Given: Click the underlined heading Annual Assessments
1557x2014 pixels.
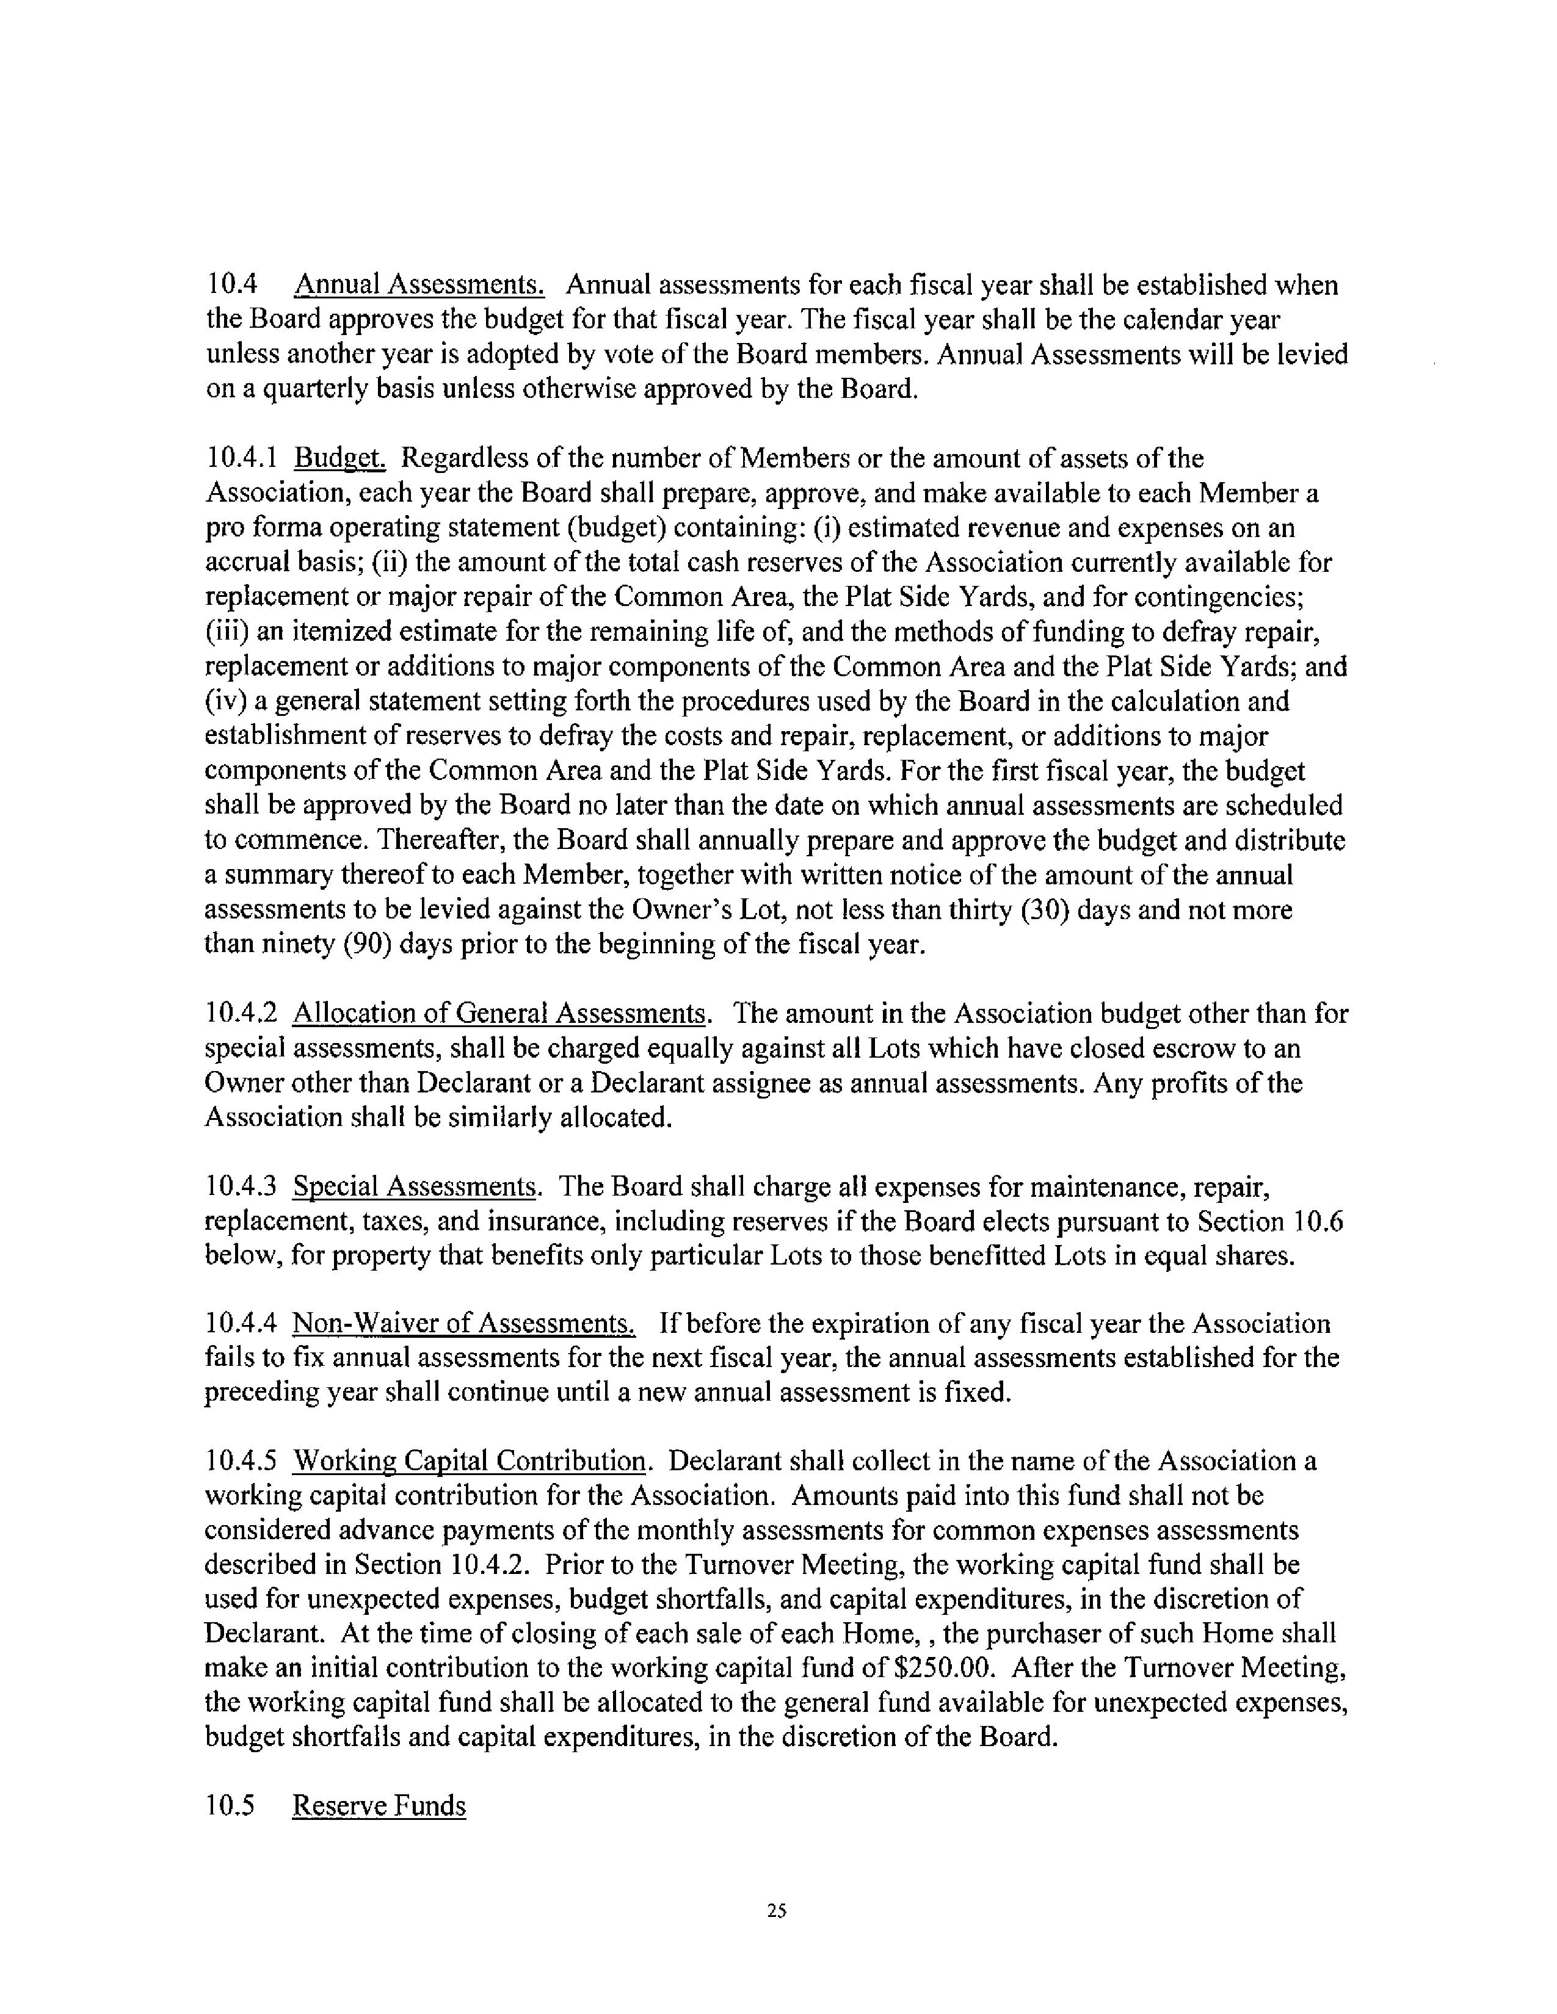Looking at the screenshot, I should point(419,285).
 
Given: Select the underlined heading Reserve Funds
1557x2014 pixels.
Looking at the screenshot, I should point(379,1806).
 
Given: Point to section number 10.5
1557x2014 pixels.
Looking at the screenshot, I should point(229,1806).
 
